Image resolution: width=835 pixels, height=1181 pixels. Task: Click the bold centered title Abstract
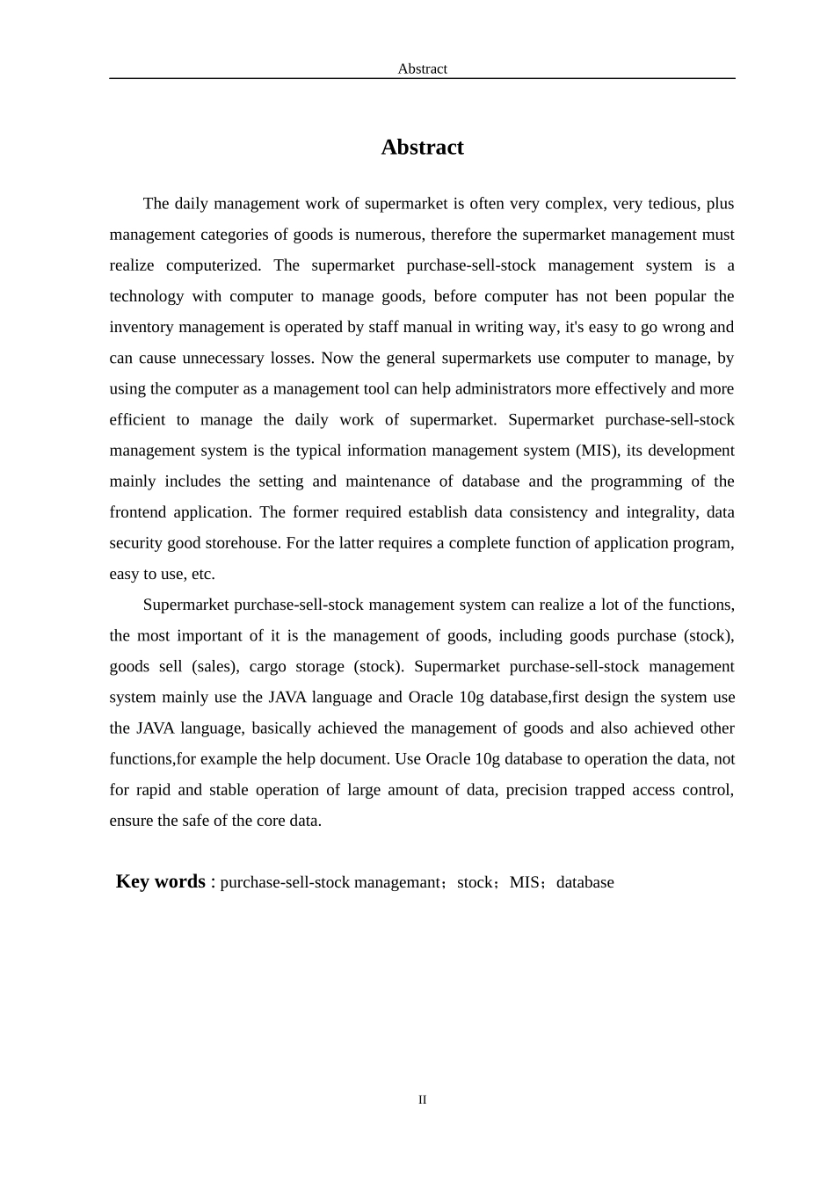[x=422, y=148]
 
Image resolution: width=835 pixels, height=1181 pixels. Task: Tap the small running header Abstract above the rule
[x=422, y=69]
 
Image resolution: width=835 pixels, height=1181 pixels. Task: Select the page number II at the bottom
[x=422, y=1099]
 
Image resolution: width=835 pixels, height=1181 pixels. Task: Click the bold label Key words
[x=160, y=881]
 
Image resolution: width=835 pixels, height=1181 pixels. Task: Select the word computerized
[x=214, y=265]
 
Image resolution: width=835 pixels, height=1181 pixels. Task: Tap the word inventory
[x=142, y=327]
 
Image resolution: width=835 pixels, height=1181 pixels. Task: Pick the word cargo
[x=267, y=666]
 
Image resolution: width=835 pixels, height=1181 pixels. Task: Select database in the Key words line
[x=585, y=882]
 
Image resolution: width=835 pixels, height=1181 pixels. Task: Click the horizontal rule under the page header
[x=422, y=78]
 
